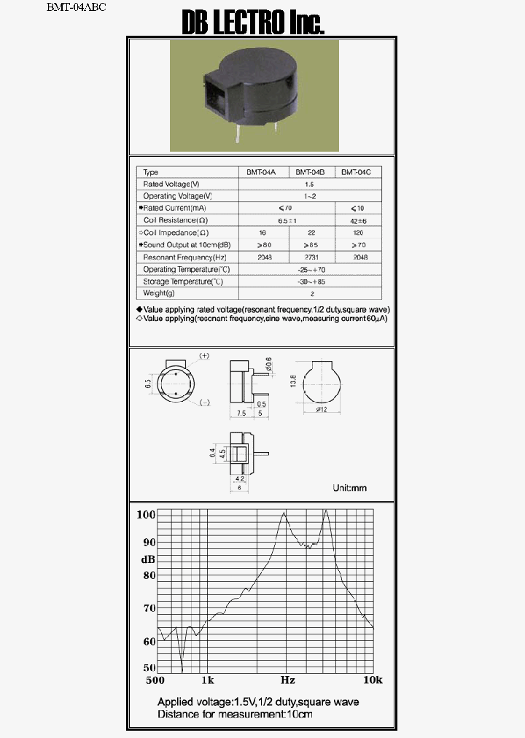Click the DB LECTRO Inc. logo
(x=252, y=23)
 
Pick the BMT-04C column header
(x=357, y=173)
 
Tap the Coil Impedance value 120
(x=357, y=233)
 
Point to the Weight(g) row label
(x=160, y=293)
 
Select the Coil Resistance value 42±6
(x=357, y=220)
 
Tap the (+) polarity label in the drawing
(x=204, y=356)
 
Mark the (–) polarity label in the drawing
(x=205, y=403)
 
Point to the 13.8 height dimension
(x=293, y=381)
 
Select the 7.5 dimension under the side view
(x=241, y=413)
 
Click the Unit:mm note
(x=349, y=488)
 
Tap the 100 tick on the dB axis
(x=147, y=515)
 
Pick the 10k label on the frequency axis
(x=373, y=680)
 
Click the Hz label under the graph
(x=287, y=680)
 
